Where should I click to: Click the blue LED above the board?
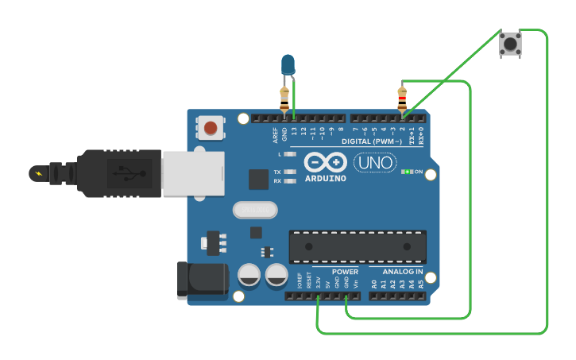click(x=288, y=64)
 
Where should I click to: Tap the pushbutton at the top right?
click(x=510, y=43)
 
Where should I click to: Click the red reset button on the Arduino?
click(x=211, y=127)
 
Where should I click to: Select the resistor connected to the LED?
click(x=284, y=99)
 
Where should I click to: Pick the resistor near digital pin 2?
click(x=402, y=99)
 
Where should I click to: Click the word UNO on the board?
click(x=374, y=163)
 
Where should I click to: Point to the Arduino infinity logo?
click(x=325, y=162)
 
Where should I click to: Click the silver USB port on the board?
click(x=192, y=174)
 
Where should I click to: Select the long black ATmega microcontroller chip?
click(x=357, y=246)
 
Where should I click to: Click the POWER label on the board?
click(x=345, y=272)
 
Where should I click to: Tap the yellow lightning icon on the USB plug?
click(x=37, y=172)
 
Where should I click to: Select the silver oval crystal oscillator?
click(x=255, y=209)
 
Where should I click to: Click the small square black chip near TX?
click(x=258, y=179)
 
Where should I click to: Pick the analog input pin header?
click(x=397, y=296)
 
